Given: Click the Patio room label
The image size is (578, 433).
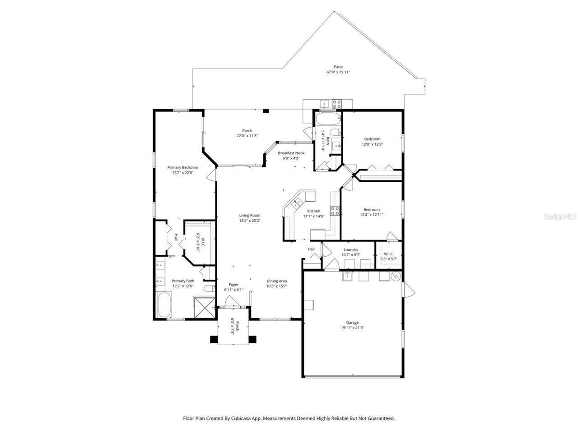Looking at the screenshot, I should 338,67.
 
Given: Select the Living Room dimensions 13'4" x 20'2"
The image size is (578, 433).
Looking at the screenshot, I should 250,221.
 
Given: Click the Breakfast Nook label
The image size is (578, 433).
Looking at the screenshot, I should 291,153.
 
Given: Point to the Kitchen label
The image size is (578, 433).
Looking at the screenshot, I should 313,211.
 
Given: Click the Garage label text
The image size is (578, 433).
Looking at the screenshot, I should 352,322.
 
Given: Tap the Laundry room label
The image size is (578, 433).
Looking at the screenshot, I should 351,250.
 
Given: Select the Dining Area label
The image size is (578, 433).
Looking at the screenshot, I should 277,281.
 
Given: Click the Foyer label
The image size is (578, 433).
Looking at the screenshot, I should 233,285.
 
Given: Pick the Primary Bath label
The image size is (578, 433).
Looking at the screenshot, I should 182,281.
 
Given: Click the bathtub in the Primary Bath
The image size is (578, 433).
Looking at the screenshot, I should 164,305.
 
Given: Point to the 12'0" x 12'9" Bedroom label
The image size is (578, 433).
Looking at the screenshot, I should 372,139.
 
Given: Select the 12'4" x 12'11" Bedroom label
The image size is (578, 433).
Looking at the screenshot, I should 371,209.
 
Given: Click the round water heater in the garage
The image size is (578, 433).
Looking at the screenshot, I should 395,276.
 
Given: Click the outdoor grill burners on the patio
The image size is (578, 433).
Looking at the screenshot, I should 336,104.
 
